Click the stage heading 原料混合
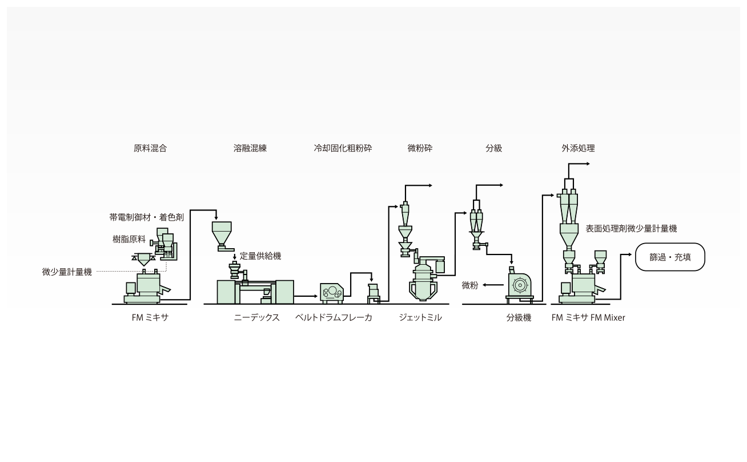tap(150, 148)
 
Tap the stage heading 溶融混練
tap(250, 148)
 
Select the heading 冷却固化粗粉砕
tap(343, 148)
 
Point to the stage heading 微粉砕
tap(420, 148)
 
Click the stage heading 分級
tap(494, 148)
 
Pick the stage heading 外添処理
tap(579, 148)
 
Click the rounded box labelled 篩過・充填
tap(670, 257)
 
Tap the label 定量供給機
tap(260, 256)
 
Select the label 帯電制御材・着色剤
tap(147, 218)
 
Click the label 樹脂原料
tap(129, 240)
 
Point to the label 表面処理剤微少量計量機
tap(631, 229)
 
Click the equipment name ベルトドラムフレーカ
tap(334, 317)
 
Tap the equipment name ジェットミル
tap(420, 317)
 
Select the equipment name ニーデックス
tap(257, 317)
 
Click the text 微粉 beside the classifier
tap(470, 285)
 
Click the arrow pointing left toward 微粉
tap(493, 285)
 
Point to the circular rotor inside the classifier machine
tap(519, 285)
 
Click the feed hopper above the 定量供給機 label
tap(222, 236)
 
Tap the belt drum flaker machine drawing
tap(331, 293)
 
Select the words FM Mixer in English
tap(608, 317)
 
